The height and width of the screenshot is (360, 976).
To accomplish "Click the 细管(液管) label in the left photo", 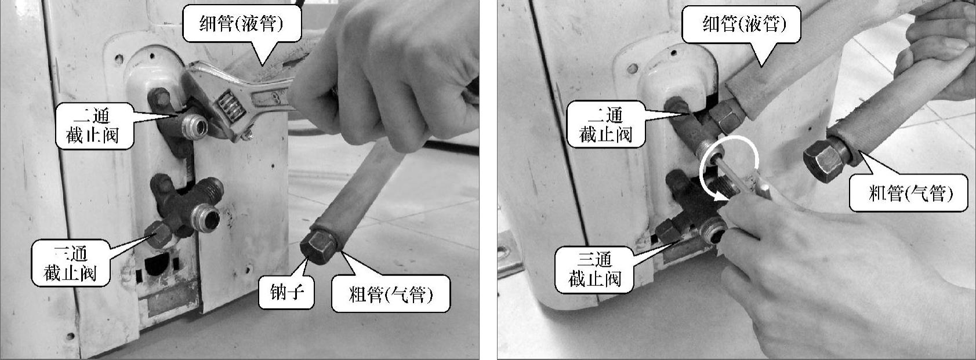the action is tap(242, 24).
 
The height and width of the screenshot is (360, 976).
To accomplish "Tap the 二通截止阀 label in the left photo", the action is tap(92, 126).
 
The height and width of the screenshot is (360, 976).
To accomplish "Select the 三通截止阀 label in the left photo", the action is tap(70, 263).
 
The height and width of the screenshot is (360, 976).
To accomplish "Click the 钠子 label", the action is tap(286, 292).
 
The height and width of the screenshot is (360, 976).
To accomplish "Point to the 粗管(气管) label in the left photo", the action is tap(391, 293).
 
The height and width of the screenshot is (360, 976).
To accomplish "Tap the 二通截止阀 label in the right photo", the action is tap(605, 125).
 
